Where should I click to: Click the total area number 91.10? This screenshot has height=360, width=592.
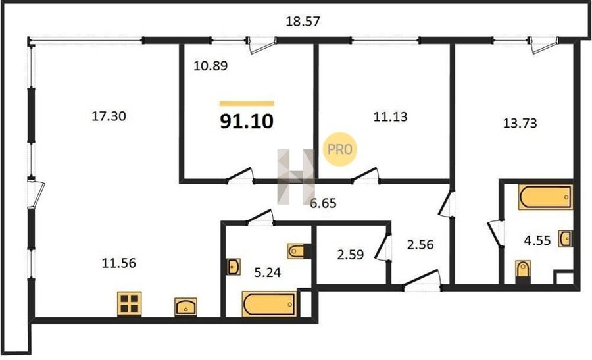tap(247, 122)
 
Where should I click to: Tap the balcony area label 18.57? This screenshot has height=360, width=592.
tap(303, 21)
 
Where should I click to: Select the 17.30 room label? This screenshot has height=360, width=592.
tap(109, 116)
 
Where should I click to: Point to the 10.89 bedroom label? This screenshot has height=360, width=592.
tap(210, 66)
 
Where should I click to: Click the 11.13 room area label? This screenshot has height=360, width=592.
tap(390, 116)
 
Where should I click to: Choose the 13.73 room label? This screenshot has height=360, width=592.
tap(520, 123)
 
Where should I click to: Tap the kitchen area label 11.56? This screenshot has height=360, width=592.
tap(118, 263)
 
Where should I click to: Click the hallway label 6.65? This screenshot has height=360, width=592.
tap(323, 203)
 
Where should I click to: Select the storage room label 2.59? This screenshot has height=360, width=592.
tap(351, 255)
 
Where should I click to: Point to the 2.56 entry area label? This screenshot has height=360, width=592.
tap(420, 245)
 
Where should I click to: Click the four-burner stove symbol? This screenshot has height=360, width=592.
tap(129, 303)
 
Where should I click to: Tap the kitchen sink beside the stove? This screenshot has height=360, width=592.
tap(185, 307)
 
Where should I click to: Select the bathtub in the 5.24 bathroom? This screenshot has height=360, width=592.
tap(269, 303)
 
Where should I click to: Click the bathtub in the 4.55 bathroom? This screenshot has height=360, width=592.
tap(545, 197)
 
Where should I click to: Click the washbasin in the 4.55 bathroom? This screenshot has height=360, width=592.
tap(566, 238)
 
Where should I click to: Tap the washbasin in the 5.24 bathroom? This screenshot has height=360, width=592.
tap(234, 267)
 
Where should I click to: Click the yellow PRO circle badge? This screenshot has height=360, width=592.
tap(339, 149)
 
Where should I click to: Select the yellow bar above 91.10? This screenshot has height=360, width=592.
tap(247, 103)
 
